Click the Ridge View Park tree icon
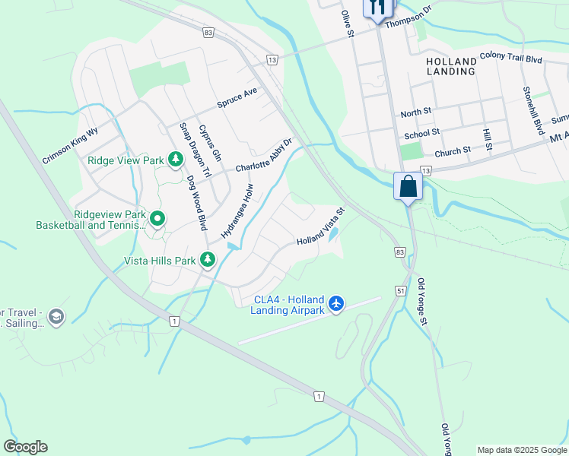point(176,160)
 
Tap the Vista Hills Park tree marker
point(208,261)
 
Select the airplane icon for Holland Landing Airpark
point(336,305)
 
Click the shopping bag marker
point(408,185)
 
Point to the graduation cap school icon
point(56,315)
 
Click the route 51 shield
point(401,290)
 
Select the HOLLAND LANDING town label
point(451,65)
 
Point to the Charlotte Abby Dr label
point(263,156)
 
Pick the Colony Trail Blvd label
point(511,59)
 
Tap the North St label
point(415,112)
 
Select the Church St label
point(453,152)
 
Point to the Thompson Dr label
point(408,18)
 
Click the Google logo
point(25,447)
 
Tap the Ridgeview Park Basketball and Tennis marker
point(157,219)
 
